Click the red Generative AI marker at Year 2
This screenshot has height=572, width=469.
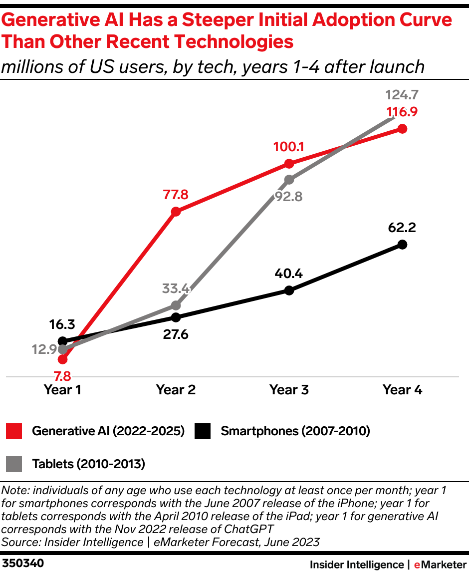[176, 212]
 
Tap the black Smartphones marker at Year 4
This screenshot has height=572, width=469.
[403, 245]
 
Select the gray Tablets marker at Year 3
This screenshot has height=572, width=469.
[289, 180]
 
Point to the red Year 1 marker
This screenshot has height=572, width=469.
[62, 359]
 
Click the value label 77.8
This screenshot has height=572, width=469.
[175, 195]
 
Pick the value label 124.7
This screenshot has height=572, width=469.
[402, 94]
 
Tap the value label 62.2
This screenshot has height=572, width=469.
[402, 228]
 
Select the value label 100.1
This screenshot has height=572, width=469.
[289, 147]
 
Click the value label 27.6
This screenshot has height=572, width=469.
[176, 334]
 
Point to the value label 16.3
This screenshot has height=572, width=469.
[62, 325]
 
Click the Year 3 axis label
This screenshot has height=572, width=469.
[289, 390]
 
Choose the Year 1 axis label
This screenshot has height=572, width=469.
[62, 390]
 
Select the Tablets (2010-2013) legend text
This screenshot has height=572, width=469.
[88, 464]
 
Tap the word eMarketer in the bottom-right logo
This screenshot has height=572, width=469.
[439, 565]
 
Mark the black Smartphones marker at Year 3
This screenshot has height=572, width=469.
[289, 290]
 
